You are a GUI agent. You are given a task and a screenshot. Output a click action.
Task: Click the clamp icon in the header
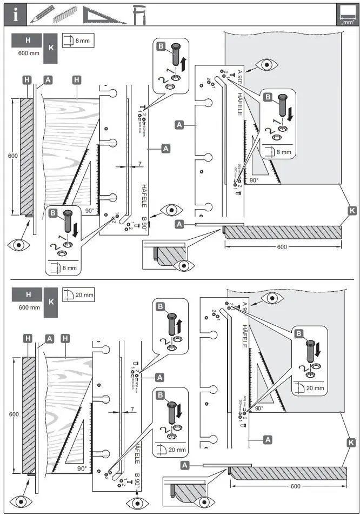click(140, 15)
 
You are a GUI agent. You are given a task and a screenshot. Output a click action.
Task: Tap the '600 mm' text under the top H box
click(28, 53)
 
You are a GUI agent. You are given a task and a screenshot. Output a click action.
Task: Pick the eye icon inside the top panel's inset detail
click(185, 265)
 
